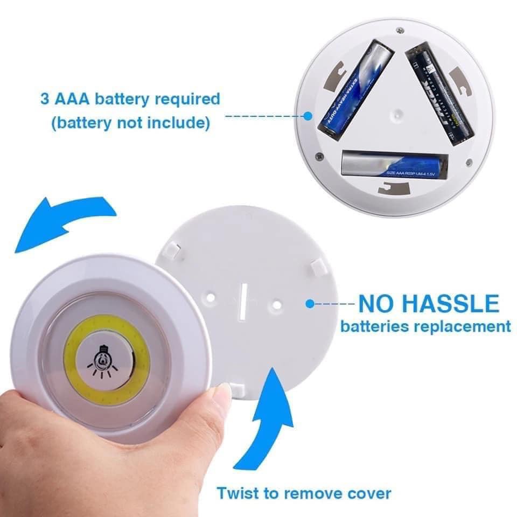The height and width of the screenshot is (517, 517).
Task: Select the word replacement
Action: click(x=460, y=326)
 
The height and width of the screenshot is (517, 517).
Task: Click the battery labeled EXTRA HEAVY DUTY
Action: click(x=355, y=89)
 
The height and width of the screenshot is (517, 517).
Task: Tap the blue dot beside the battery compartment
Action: click(x=308, y=115)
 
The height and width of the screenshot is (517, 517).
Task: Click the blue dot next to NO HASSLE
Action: click(x=310, y=304)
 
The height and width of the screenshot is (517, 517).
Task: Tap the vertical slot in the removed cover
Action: click(x=243, y=298)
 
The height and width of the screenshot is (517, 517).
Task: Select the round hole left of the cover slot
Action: click(x=212, y=297)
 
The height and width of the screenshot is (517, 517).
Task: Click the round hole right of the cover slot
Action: click(x=276, y=304)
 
